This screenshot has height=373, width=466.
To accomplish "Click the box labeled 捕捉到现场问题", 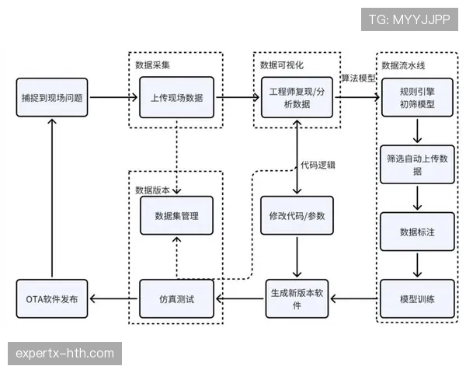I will [x=52, y=98].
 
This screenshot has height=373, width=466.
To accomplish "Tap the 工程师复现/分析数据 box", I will [x=297, y=98].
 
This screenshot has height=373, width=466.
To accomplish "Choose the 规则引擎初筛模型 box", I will [x=417, y=98].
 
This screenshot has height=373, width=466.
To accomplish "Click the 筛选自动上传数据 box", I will [x=417, y=164].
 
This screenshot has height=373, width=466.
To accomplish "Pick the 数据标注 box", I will [x=417, y=232].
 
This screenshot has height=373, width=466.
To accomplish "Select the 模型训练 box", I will [x=417, y=298].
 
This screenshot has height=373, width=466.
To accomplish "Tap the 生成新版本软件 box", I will [x=297, y=298].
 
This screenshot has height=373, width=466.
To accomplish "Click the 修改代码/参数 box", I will [x=297, y=215].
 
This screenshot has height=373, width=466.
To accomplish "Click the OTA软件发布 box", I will [x=52, y=298].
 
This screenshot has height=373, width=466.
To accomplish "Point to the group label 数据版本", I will [x=152, y=189].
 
